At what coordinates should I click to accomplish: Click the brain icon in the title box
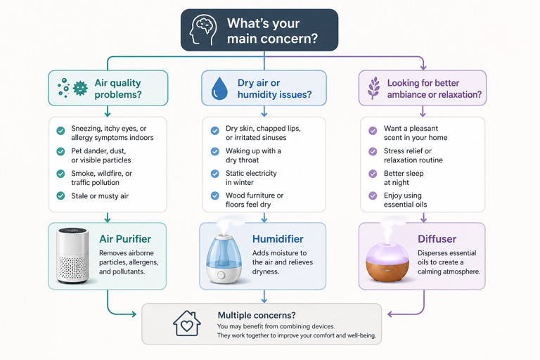205,30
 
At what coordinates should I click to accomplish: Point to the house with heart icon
187,323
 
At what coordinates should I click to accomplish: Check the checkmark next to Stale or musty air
60,195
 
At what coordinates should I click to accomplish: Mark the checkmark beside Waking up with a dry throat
215,152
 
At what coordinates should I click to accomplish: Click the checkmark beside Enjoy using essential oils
373,195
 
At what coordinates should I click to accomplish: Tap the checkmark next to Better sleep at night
373,174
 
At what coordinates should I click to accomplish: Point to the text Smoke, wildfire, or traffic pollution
102,178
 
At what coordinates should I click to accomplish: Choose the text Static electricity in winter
251,178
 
